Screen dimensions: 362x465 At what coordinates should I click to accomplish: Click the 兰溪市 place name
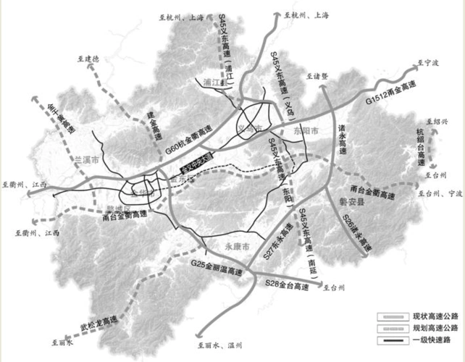[x=87, y=159]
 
